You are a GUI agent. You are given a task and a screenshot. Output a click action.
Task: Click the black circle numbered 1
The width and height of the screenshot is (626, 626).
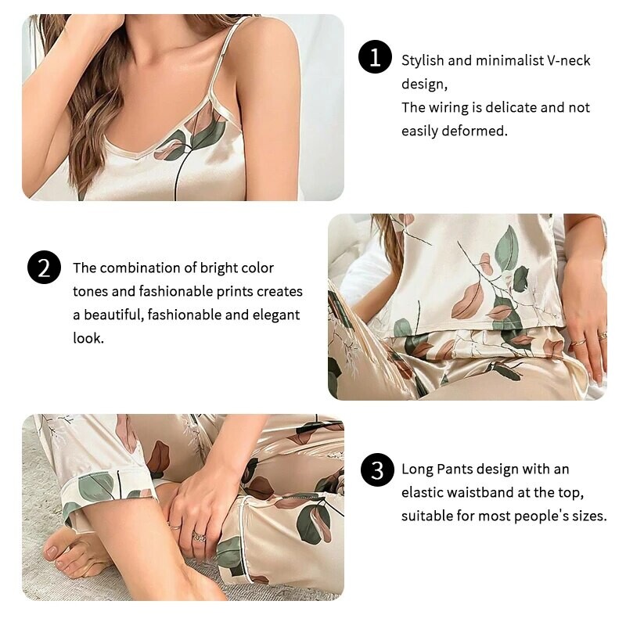tap(375, 58)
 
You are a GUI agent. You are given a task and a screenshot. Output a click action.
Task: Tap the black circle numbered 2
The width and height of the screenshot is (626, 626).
tap(44, 268)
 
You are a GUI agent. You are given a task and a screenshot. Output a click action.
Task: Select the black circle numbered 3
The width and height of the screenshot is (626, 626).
tap(377, 470)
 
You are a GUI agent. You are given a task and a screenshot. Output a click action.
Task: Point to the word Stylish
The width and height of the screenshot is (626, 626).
tap(423, 60)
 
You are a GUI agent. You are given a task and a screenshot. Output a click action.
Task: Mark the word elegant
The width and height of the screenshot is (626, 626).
tap(273, 315)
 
